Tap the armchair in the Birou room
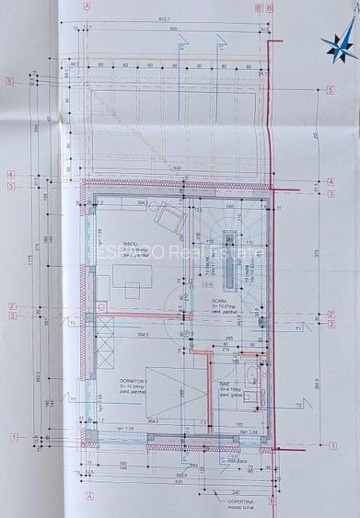(168, 217)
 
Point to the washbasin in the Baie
(254, 375)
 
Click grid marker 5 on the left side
(9, 81)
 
